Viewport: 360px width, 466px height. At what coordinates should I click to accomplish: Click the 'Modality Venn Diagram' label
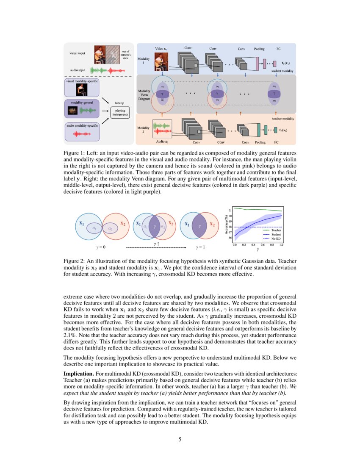click(x=144, y=94)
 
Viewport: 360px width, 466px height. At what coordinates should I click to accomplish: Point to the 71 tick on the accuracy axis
click(x=230, y=210)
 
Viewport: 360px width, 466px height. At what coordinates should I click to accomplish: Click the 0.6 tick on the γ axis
click(x=263, y=245)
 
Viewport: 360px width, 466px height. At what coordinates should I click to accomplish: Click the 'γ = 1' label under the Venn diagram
click(x=201, y=247)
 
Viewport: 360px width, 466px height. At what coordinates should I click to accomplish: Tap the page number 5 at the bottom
click(x=180, y=439)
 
